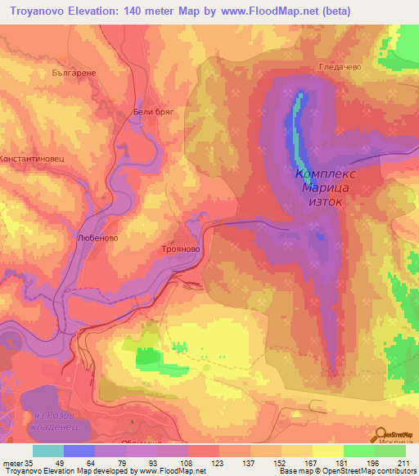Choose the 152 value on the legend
coord(267,463)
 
